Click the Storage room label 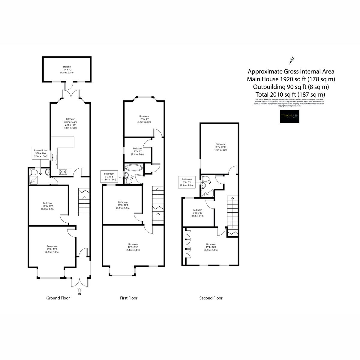pyautogui.click(x=67, y=70)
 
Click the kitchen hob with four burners pyautogui.click(x=64, y=172)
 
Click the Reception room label pyautogui.click(x=52, y=249)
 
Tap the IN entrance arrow pyautogui.click(x=79, y=291)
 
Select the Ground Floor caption pyautogui.click(x=58, y=298)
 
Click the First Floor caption pyautogui.click(x=129, y=298)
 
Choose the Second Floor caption pyautogui.click(x=211, y=298)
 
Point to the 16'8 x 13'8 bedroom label pyautogui.click(x=133, y=247)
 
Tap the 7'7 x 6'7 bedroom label pyautogui.click(x=138, y=151)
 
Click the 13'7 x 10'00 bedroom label pyautogui.click(x=220, y=147)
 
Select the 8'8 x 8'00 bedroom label pyautogui.click(x=197, y=213)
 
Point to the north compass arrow pyautogui.click(x=291, y=60)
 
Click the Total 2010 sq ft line pyautogui.click(x=291, y=95)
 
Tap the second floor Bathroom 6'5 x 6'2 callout pyautogui.click(x=187, y=182)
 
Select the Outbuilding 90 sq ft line pyautogui.click(x=291, y=87)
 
